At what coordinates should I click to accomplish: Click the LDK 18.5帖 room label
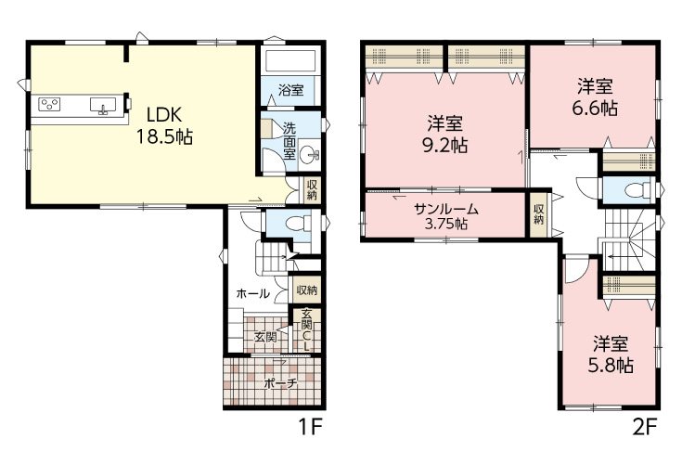[x=165, y=126]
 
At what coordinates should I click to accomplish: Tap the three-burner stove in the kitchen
[x=49, y=104]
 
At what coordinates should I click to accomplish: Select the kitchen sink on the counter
[x=103, y=106]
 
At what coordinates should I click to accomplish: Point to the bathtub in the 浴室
[x=290, y=61]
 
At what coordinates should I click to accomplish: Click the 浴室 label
[x=290, y=90]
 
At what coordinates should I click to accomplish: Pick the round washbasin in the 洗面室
[x=309, y=153]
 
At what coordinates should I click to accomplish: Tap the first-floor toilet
[x=297, y=223]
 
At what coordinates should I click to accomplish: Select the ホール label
[x=252, y=294]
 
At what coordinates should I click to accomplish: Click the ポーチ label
[x=281, y=383]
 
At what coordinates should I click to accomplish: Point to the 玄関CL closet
[x=306, y=331]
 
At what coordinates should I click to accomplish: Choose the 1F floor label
[x=309, y=428]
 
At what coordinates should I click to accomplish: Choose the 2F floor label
[x=644, y=428]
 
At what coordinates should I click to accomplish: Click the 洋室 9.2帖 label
[x=445, y=135]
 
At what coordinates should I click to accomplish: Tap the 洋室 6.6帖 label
[x=595, y=97]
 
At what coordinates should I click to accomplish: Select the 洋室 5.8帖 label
[x=611, y=354]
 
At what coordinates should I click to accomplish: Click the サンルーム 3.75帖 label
[x=445, y=216]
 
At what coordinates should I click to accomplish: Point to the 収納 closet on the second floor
[x=538, y=214]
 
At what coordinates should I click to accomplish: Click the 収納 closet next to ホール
[x=306, y=290]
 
